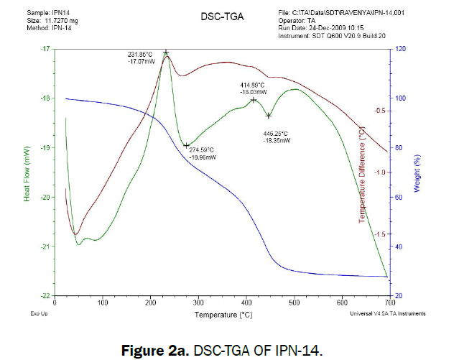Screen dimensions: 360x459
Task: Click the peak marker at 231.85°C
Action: coord(166,52)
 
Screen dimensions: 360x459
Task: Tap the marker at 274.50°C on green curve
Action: coord(186,145)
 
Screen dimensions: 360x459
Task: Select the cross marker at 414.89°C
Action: coord(254,100)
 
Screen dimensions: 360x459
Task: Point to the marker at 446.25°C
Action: coord(269,116)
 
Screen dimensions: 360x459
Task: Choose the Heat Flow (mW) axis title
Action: coord(28,173)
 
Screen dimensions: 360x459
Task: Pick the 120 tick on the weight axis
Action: coord(399,49)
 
